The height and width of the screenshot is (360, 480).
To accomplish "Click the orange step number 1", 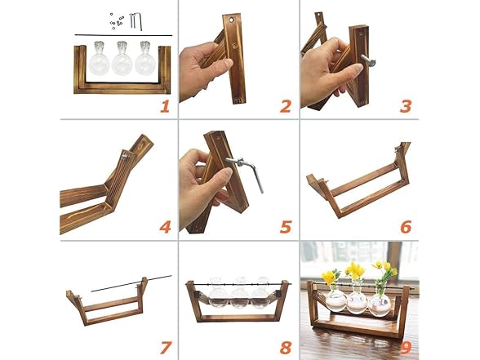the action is [x=165, y=106].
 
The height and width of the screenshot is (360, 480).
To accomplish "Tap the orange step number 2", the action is [x=286, y=106].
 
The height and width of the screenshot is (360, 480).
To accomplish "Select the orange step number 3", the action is [x=406, y=106].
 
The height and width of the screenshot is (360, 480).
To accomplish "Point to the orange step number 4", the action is [x=165, y=227].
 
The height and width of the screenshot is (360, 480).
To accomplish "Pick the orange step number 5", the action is [x=286, y=227].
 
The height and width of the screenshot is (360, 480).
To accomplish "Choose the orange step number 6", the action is [x=406, y=227].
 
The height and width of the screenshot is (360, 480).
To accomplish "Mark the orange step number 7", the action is [x=165, y=348].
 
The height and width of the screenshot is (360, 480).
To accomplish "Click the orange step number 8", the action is [x=286, y=348].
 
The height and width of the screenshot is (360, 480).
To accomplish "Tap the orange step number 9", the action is [x=406, y=348].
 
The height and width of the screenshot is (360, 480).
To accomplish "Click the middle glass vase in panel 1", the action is [x=122, y=60].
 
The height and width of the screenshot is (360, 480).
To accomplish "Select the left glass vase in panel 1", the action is [x=99, y=59].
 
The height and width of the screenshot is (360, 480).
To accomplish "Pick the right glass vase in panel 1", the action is [x=145, y=59].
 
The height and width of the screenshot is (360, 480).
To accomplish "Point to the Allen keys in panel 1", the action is [x=136, y=20].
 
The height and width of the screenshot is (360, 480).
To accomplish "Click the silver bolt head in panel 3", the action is [x=371, y=62].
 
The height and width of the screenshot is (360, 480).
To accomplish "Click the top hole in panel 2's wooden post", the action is [x=230, y=20].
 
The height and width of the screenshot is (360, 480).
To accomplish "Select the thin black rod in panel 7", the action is [x=131, y=283].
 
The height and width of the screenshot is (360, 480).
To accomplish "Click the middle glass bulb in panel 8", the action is [x=240, y=293].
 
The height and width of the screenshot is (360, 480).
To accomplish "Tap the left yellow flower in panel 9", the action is [x=329, y=278].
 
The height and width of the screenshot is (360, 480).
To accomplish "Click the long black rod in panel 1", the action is [x=123, y=35].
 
